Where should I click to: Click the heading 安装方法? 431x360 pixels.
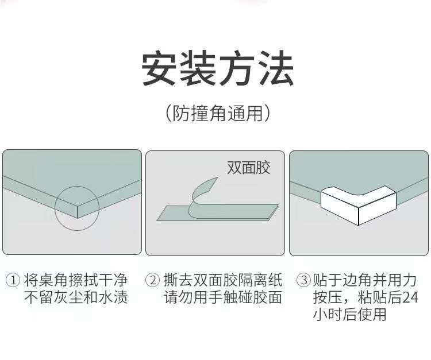(x=218, y=68)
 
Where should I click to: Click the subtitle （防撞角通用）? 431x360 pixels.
(x=218, y=113)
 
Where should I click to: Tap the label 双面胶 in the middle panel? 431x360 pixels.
(x=248, y=167)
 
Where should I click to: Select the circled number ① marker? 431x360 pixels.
(x=13, y=280)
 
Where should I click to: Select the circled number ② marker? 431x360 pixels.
(x=152, y=280)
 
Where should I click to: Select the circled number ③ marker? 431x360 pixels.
(x=304, y=280)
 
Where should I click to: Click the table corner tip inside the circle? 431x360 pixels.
(x=78, y=218)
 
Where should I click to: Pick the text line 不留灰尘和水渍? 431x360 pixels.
(x=76, y=297)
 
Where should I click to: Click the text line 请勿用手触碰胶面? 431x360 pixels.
(x=223, y=297)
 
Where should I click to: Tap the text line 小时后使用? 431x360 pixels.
(x=349, y=315)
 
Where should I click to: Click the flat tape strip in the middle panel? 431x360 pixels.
(x=217, y=212)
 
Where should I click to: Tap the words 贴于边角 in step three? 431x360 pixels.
(x=343, y=280)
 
